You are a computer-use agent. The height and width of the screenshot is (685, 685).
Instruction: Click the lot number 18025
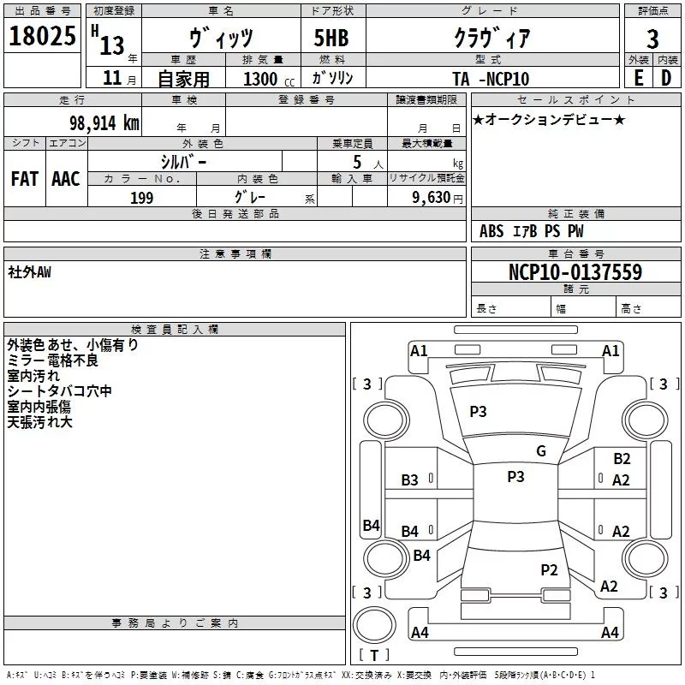(x=43, y=38)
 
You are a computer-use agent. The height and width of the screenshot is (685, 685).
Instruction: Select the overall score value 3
(x=652, y=39)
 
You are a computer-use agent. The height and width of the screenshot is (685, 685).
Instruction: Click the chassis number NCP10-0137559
(x=575, y=272)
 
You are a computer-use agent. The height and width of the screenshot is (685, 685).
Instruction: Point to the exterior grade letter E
(x=638, y=78)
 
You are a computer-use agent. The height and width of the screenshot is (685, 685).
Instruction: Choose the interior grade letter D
(x=666, y=78)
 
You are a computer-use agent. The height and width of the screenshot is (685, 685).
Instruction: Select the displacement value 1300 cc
(x=260, y=79)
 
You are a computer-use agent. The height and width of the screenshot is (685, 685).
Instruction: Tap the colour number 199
(x=141, y=198)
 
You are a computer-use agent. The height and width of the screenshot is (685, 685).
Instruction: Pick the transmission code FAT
(x=24, y=178)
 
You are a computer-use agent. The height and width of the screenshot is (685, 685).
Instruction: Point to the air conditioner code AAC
(x=65, y=178)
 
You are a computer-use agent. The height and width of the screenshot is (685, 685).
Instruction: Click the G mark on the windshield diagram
(x=541, y=451)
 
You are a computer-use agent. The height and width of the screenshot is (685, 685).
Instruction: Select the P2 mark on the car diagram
(x=549, y=569)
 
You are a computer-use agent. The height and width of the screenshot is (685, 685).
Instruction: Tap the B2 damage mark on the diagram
(x=622, y=459)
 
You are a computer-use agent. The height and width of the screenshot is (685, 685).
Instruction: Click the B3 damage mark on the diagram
(x=410, y=480)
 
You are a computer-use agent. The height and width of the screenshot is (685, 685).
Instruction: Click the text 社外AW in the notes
(x=29, y=271)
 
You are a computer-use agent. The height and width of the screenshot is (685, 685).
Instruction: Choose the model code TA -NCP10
(x=491, y=79)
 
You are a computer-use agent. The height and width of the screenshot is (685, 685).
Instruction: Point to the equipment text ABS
(x=491, y=231)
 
